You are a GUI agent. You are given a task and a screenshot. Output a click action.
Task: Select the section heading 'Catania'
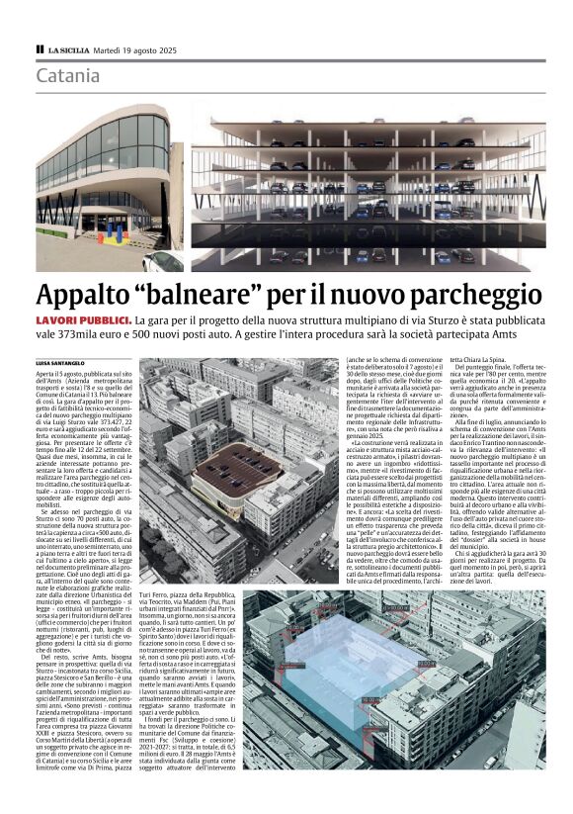tap(68, 75)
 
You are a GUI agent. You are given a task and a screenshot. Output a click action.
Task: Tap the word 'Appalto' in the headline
tap(85, 296)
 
